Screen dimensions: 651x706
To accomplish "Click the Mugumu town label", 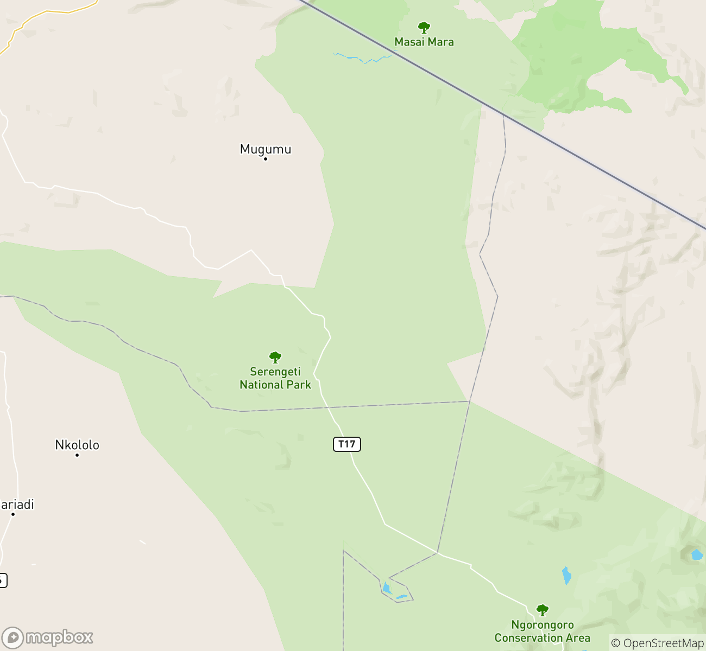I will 266,149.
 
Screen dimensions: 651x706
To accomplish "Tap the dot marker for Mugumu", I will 266,159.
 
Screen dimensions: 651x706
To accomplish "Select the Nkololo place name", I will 77,445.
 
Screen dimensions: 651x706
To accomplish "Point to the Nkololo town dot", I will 77,455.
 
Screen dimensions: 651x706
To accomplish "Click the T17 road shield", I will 346,444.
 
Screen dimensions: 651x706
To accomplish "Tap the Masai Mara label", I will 424,42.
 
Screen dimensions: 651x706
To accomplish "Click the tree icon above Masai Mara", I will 424,27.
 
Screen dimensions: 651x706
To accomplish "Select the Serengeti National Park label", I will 275,378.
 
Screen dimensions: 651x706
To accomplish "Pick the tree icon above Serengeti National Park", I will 275,357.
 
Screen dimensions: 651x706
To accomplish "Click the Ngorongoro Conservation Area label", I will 542,631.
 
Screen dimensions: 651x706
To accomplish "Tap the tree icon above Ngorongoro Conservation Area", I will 542,610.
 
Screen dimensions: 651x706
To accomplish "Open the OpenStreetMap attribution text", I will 658,643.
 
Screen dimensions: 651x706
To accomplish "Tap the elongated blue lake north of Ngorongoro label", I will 566,576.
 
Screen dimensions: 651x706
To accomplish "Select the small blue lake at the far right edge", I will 697,555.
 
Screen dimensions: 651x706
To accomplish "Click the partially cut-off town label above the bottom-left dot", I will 16,505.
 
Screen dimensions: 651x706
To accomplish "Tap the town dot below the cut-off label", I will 13,514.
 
